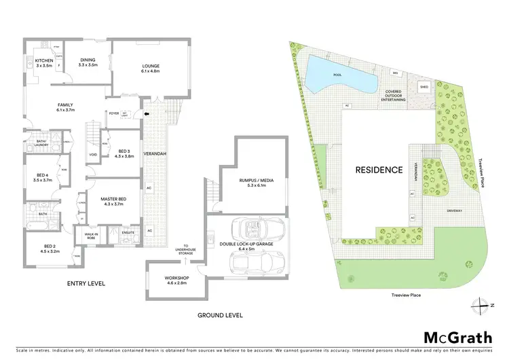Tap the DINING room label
pos(88,62)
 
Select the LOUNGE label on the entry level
pos(150,66)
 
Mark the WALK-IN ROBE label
pos(90,236)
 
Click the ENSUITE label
pos(126,232)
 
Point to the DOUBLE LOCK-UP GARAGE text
pos(248,242)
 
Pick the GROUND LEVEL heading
pos(219,315)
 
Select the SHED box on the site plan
pos(424,87)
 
